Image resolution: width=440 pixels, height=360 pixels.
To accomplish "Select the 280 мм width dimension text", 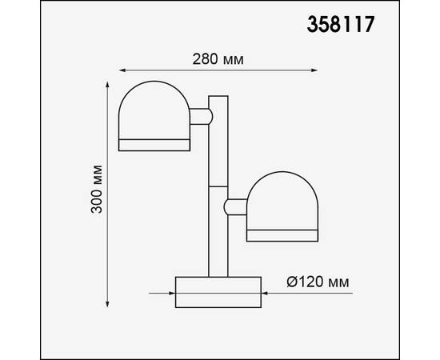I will [x=218, y=60].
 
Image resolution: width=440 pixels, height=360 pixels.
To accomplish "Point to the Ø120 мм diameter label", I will [x=316, y=282].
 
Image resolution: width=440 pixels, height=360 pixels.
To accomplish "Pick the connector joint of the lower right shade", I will [x=236, y=207].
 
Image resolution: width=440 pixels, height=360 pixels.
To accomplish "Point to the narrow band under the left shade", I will [x=155, y=144].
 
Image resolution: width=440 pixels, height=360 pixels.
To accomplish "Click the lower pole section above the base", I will [x=218, y=232].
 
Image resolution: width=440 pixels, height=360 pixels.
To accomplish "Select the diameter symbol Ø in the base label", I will [x=292, y=282].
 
